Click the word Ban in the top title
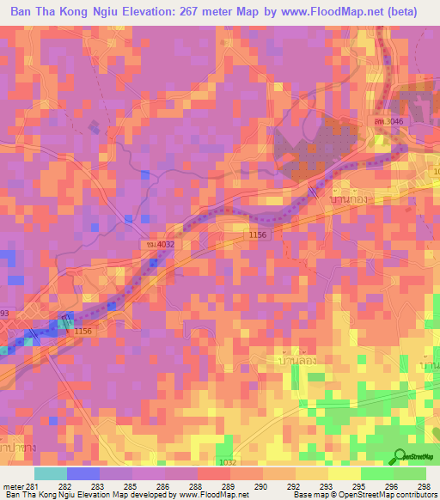pos(24,12)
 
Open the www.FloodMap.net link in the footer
pos(213,495)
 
